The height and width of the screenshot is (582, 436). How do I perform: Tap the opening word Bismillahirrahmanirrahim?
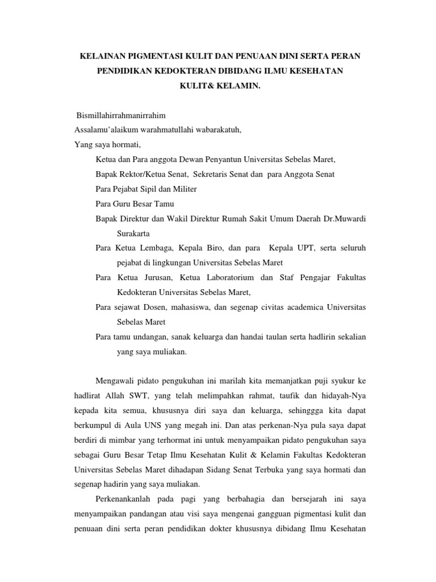pos(118,115)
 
